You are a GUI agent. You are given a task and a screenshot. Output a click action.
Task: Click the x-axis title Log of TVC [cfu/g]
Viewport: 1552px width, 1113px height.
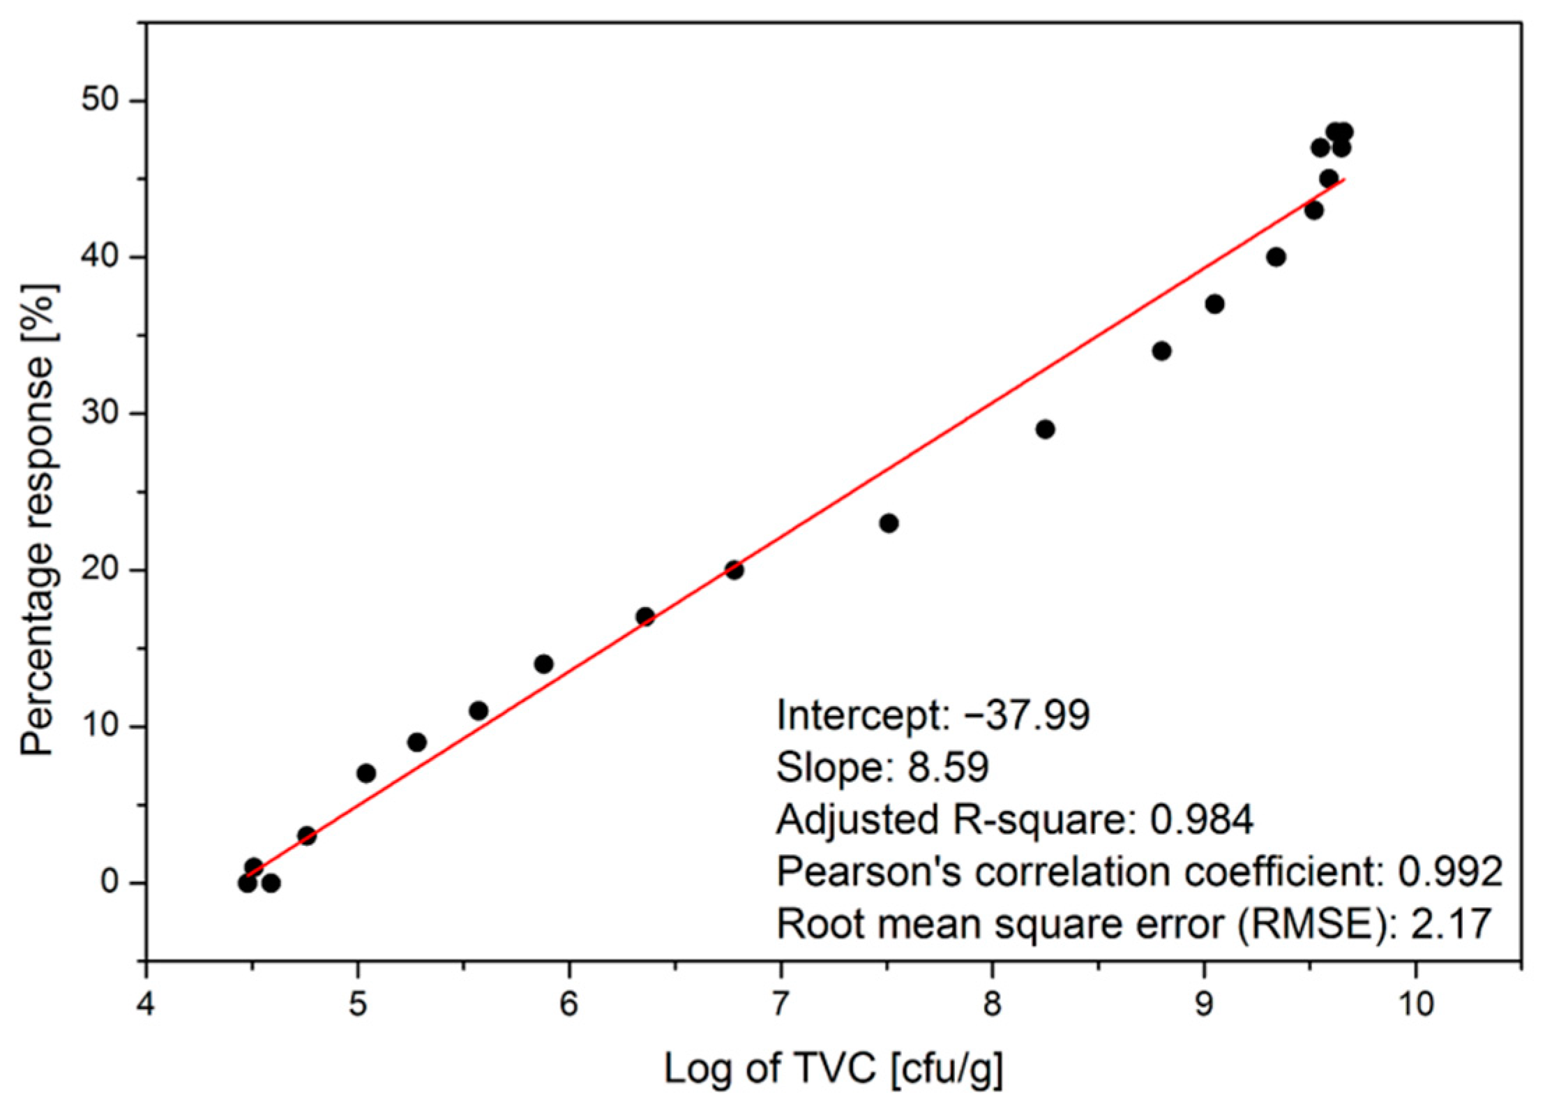[834, 1069]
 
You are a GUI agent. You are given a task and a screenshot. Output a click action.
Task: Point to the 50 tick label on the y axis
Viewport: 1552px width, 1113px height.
[103, 100]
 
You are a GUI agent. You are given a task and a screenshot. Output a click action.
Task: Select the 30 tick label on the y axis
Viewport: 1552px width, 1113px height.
[103, 413]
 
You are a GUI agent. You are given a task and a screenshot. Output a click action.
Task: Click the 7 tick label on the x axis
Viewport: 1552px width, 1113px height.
[781, 1004]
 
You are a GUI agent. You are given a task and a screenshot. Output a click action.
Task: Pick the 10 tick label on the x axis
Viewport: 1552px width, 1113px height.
[1415, 1004]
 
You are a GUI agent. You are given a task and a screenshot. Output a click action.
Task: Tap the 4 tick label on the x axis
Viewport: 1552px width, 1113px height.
[146, 1004]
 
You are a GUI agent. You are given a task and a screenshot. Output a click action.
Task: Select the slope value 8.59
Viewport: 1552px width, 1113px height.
[948, 767]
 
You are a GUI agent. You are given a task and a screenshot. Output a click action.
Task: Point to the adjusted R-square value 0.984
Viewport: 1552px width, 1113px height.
[1201, 819]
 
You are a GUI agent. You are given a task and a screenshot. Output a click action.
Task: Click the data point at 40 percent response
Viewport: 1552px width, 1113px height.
[1276, 257]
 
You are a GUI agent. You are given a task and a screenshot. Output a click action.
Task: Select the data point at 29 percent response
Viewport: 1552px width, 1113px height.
[1045, 429]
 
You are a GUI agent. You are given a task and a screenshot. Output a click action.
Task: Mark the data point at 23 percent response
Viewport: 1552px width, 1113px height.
[889, 523]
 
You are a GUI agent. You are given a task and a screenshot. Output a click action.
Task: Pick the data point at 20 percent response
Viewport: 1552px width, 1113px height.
[734, 570]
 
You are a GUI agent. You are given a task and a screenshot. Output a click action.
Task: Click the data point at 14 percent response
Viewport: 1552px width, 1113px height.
[543, 664]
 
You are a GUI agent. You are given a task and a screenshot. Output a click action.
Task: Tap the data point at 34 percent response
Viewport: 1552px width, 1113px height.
[1161, 351]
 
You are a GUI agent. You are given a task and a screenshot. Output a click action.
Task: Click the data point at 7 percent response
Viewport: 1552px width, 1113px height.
[366, 773]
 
